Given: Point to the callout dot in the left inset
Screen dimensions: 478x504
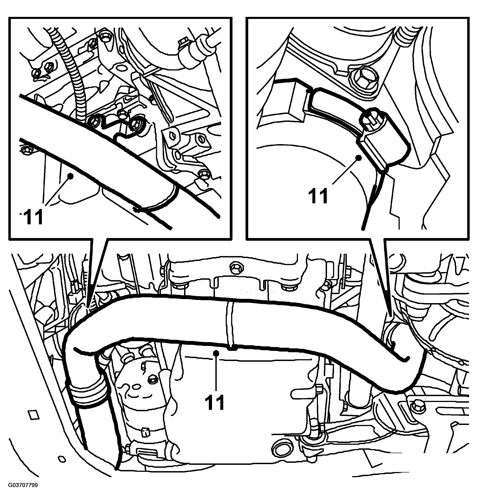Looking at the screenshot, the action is coord(71,175).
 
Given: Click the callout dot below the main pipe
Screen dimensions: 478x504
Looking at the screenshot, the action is coord(216,353).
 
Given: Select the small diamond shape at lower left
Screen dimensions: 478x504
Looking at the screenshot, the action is coord(33,415).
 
